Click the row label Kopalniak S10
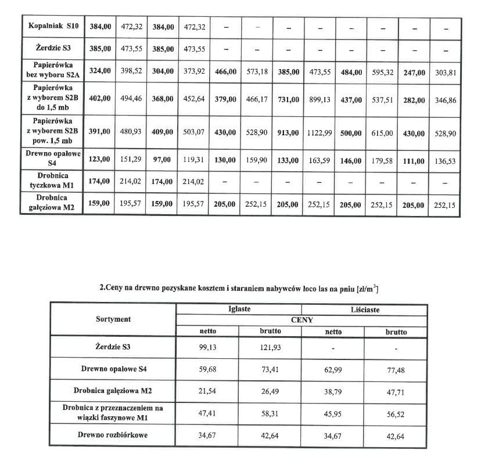point(52,27)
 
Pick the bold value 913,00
point(287,133)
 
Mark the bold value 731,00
point(287,100)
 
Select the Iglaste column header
point(239,309)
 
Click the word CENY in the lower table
point(301,320)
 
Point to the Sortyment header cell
point(113,319)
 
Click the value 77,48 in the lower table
point(396,369)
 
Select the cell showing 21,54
point(207,391)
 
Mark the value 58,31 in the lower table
point(270,413)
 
